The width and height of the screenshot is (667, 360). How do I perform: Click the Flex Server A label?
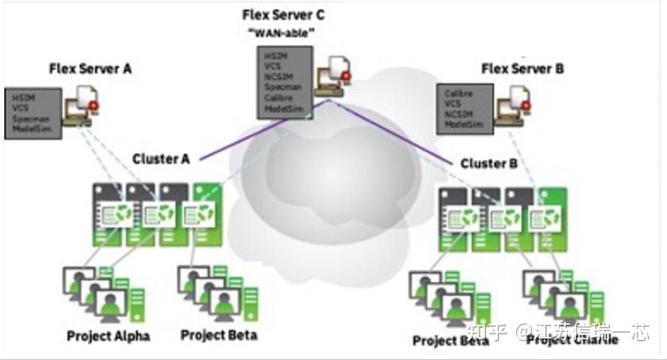90,69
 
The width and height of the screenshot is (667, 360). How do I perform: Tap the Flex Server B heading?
522,69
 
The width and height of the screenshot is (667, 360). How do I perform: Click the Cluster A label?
161,159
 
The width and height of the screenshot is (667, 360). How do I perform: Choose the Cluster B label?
489,163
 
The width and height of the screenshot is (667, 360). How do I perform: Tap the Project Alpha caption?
108,336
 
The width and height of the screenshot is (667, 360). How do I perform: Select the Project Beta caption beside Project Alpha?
218,335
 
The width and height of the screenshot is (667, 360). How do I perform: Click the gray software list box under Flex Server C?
285,83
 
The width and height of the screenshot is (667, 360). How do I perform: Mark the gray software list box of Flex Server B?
465,108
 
